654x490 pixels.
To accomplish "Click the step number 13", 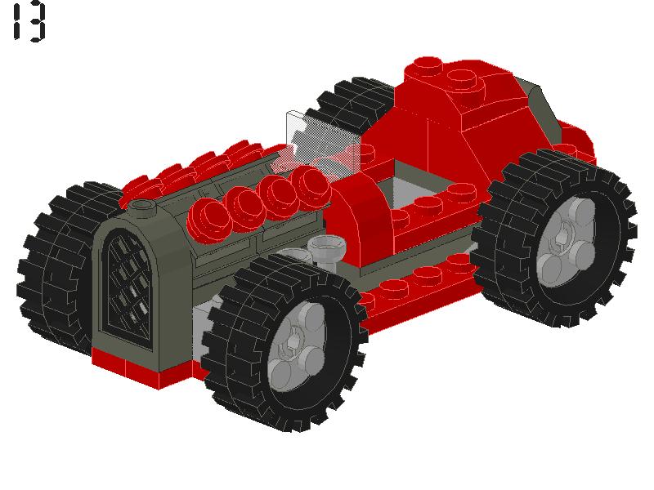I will pos(29,22).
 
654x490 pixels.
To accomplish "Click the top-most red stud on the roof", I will pos(427,65).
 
